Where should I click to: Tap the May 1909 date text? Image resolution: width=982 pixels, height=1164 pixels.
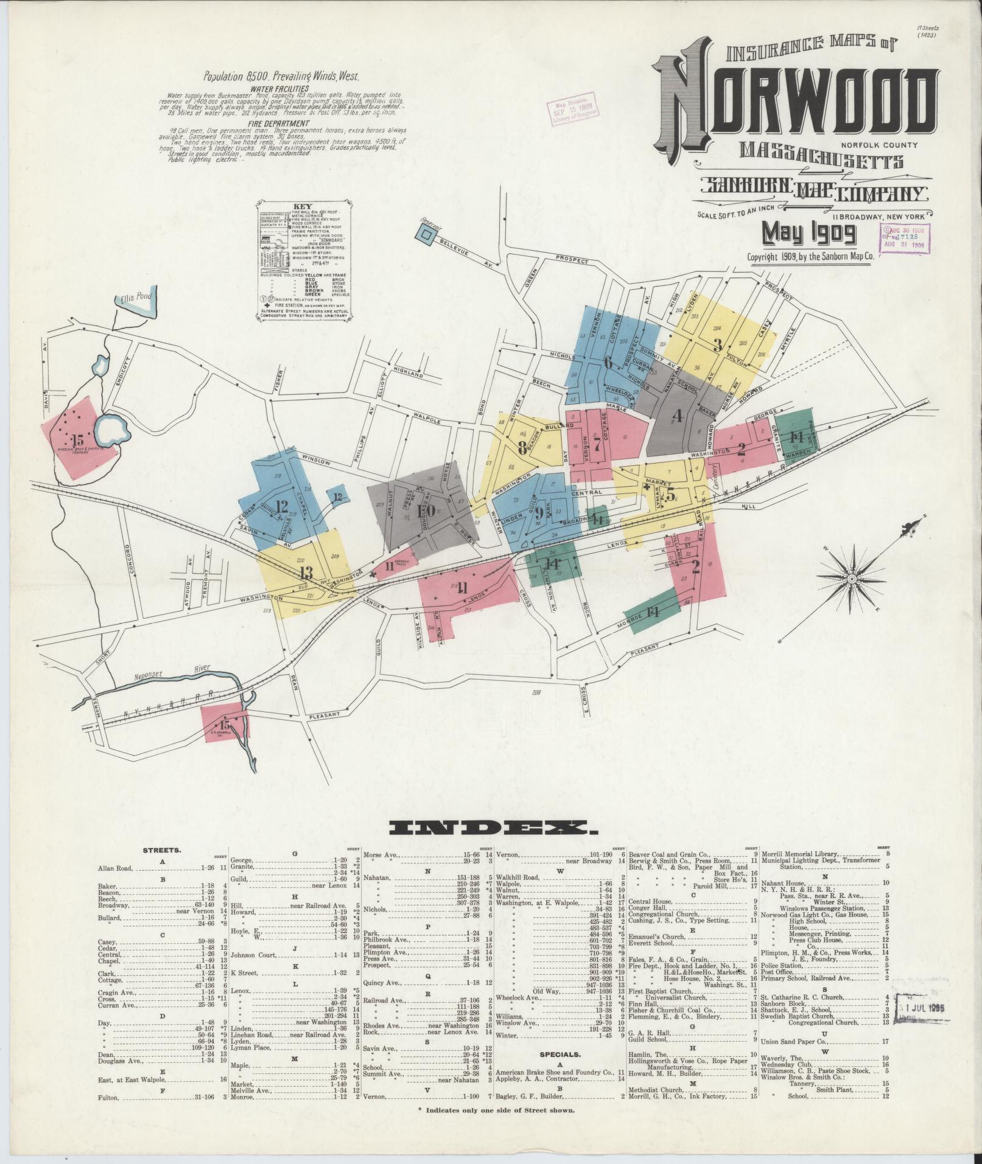810,232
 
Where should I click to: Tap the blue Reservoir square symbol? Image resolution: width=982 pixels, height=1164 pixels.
427,234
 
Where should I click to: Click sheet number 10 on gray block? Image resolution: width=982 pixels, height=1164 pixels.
427,510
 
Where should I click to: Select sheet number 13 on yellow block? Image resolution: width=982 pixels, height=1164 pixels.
306,573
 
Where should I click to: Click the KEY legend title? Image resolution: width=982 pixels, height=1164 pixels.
303,206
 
